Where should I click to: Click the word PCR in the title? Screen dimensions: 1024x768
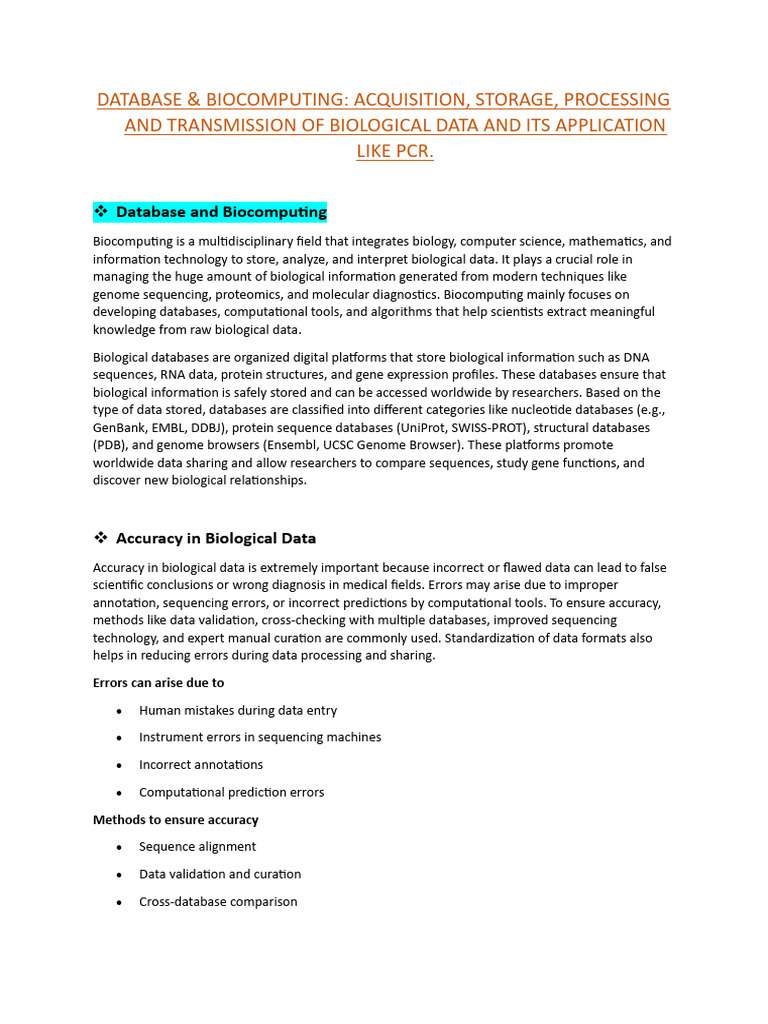415,152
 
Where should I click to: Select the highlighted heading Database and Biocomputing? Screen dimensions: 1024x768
221,212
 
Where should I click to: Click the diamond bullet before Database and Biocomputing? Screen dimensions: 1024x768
100,212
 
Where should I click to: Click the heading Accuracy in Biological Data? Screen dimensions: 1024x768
216,538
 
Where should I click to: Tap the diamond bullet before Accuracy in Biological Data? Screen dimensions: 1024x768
100,538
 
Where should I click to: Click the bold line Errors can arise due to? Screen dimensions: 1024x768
158,683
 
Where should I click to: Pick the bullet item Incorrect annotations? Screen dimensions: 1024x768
201,765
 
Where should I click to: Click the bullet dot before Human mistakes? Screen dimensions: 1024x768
119,711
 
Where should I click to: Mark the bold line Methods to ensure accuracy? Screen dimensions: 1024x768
176,820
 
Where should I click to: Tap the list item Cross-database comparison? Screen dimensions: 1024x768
218,902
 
